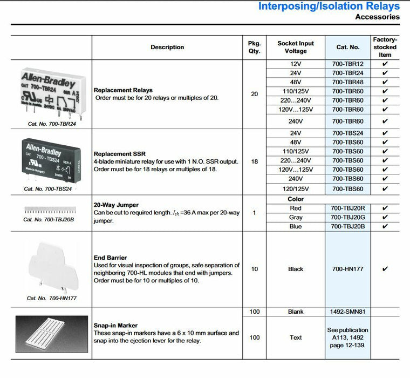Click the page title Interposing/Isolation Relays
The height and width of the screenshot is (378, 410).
(x=329, y=6)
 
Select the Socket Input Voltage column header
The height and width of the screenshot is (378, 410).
(x=296, y=47)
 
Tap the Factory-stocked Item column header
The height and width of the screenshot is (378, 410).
(x=385, y=47)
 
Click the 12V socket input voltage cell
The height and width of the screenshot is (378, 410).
(x=296, y=64)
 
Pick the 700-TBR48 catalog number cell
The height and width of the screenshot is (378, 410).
(x=347, y=82)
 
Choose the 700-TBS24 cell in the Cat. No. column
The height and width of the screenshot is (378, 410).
(x=347, y=133)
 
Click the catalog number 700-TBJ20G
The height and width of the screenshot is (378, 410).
(x=347, y=217)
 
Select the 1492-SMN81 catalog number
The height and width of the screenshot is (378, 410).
(x=347, y=312)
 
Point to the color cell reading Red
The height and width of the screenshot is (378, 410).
(x=296, y=208)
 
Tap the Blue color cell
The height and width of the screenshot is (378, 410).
(x=296, y=226)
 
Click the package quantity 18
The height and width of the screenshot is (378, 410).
(x=255, y=161)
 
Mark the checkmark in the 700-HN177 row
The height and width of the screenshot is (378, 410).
(x=385, y=269)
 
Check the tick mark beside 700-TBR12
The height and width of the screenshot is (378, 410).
(x=385, y=64)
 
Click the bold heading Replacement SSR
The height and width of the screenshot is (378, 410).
(x=119, y=154)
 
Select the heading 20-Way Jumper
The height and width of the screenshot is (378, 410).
(x=116, y=205)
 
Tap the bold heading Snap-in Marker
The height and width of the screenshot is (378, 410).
(x=115, y=326)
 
